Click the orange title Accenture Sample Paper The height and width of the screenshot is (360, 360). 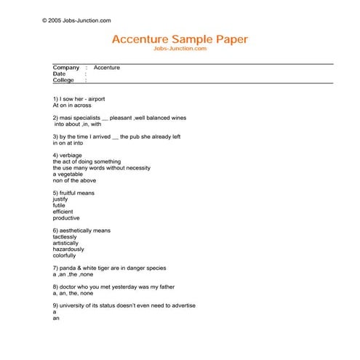pyautogui.click(x=180, y=39)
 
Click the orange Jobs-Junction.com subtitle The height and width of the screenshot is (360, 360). pyautogui.click(x=180, y=49)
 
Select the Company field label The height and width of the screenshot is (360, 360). pyautogui.click(x=66, y=68)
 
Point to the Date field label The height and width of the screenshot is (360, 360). pyautogui.click(x=59, y=74)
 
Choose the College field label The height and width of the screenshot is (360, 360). pyautogui.click(x=63, y=81)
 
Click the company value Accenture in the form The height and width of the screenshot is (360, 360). pyautogui.click(x=107, y=68)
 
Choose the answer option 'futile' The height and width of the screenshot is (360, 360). pyautogui.click(x=59, y=205)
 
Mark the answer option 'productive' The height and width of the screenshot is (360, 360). pyautogui.click(x=66, y=218)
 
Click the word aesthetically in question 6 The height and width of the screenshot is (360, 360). pyautogui.click(x=76, y=231)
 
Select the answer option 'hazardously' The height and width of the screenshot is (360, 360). pyautogui.click(x=68, y=249)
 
